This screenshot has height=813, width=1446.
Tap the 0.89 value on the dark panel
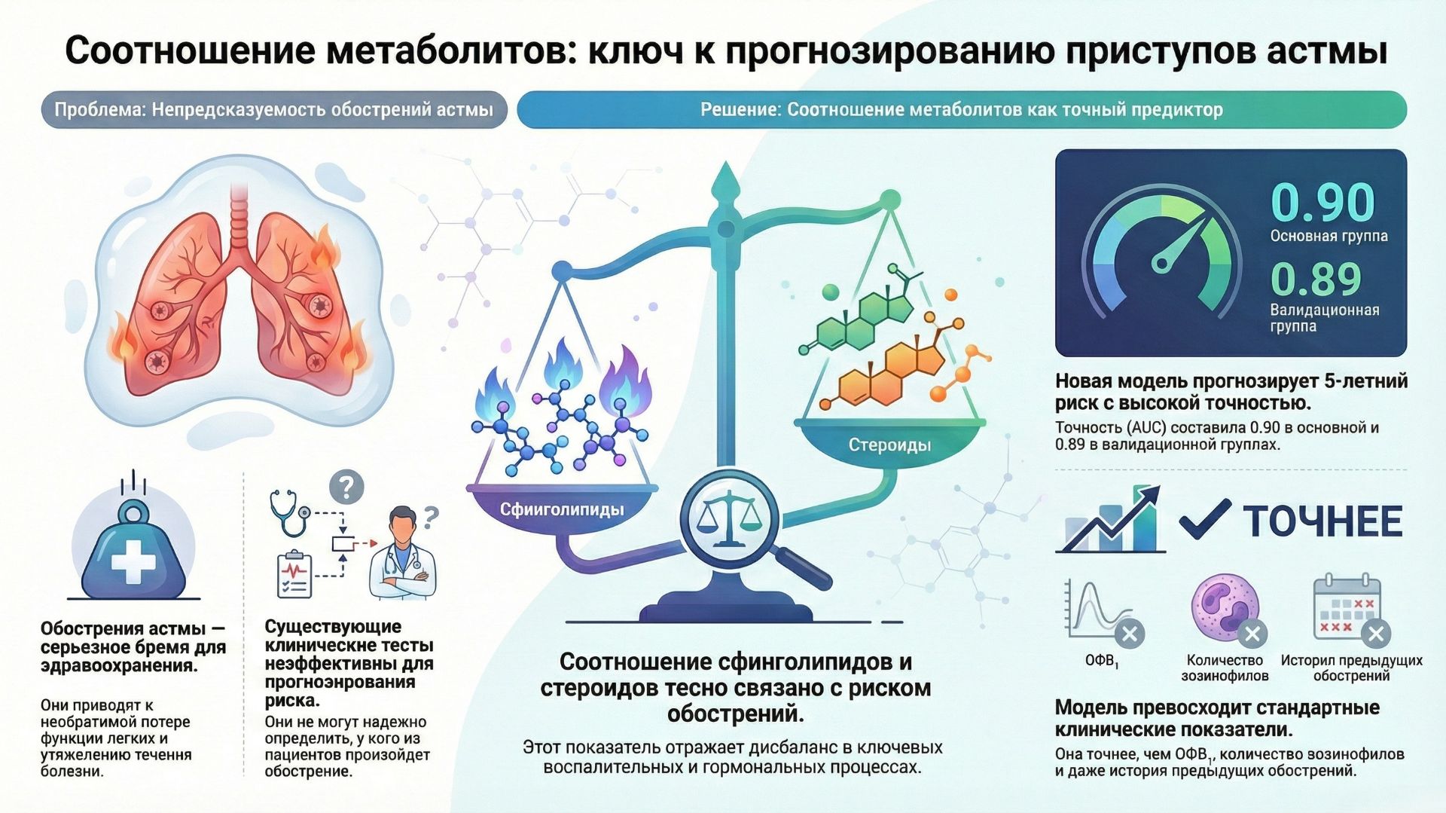pyautogui.click(x=1316, y=280)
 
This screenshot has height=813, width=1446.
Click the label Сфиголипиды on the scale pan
pyautogui.click(x=562, y=509)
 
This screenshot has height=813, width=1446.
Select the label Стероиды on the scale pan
pyautogui.click(x=889, y=445)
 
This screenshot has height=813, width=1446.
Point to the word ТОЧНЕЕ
pyautogui.click(x=1322, y=521)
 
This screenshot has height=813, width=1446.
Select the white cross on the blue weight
pyautogui.click(x=133, y=561)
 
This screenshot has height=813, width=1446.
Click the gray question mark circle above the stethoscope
pyautogui.click(x=346, y=487)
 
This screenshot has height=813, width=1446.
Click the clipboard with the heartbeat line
pyautogui.click(x=294, y=575)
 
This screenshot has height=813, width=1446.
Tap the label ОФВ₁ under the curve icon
pyautogui.click(x=1101, y=661)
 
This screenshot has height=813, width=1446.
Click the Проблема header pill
pyautogui.click(x=273, y=110)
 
